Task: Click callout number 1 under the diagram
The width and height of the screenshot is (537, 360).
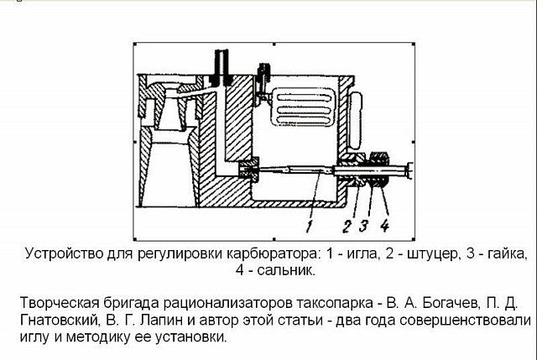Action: point(310,227)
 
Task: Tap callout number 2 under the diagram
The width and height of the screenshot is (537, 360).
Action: point(347,227)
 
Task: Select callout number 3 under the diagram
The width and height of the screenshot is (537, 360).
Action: point(364,226)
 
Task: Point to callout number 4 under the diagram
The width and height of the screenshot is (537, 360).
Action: point(384,226)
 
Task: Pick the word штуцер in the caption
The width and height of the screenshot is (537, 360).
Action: point(430,254)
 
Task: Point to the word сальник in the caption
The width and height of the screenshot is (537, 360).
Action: point(285,270)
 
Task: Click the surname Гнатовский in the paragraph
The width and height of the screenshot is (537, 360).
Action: point(60,320)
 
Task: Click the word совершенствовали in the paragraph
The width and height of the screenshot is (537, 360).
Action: point(465,321)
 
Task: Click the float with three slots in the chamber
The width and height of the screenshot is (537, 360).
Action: point(302,107)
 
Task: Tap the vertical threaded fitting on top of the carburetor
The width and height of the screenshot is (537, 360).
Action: point(222,67)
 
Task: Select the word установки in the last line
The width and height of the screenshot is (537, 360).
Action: point(190,337)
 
